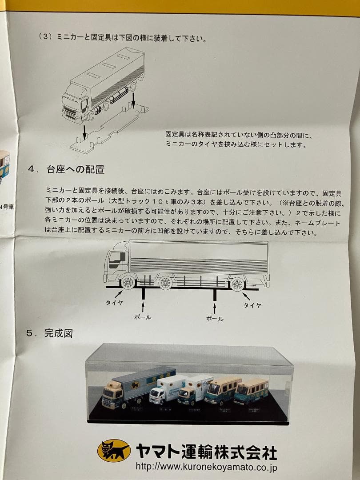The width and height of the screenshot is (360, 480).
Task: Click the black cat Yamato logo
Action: click(114, 451)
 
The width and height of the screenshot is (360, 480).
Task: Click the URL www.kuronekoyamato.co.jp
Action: click(207, 467)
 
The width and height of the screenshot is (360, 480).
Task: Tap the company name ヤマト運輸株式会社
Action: click(206, 451)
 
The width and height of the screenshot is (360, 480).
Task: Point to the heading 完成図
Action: click(58, 333)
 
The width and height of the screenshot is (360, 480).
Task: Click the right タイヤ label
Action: click(252, 305)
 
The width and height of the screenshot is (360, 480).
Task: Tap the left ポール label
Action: click(142, 317)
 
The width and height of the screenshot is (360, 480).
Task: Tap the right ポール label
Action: click(215, 319)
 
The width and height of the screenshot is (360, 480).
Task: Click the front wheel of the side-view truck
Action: click(128, 282)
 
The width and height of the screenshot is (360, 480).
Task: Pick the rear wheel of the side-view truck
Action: click(237, 283)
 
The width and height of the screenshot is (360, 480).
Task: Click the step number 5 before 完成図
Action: click(29, 333)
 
